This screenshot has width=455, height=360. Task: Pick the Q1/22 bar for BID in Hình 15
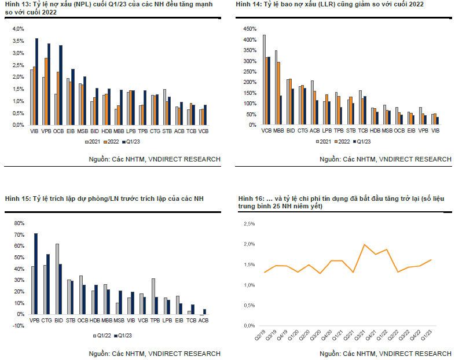tap(57, 280)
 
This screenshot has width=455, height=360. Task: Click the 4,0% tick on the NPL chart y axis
tap(18, 28)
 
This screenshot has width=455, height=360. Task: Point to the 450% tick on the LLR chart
tap(248, 28)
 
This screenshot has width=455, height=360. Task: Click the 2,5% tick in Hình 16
tap(249, 223)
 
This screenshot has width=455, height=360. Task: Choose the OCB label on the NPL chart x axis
tap(58, 132)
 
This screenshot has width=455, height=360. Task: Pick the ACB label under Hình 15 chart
tap(203, 319)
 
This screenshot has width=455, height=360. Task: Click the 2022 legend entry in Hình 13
tap(113, 142)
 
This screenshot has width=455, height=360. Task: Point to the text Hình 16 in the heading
tap(249, 199)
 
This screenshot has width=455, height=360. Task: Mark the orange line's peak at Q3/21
tap(364, 245)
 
